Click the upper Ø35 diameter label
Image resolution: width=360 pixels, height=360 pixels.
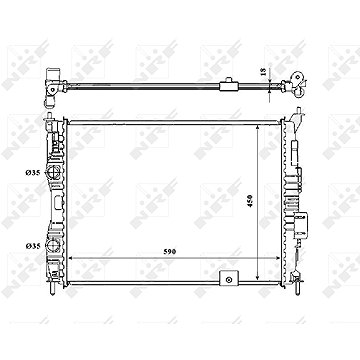(x=34, y=173)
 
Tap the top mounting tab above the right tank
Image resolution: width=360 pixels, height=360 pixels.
(x=297, y=116)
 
